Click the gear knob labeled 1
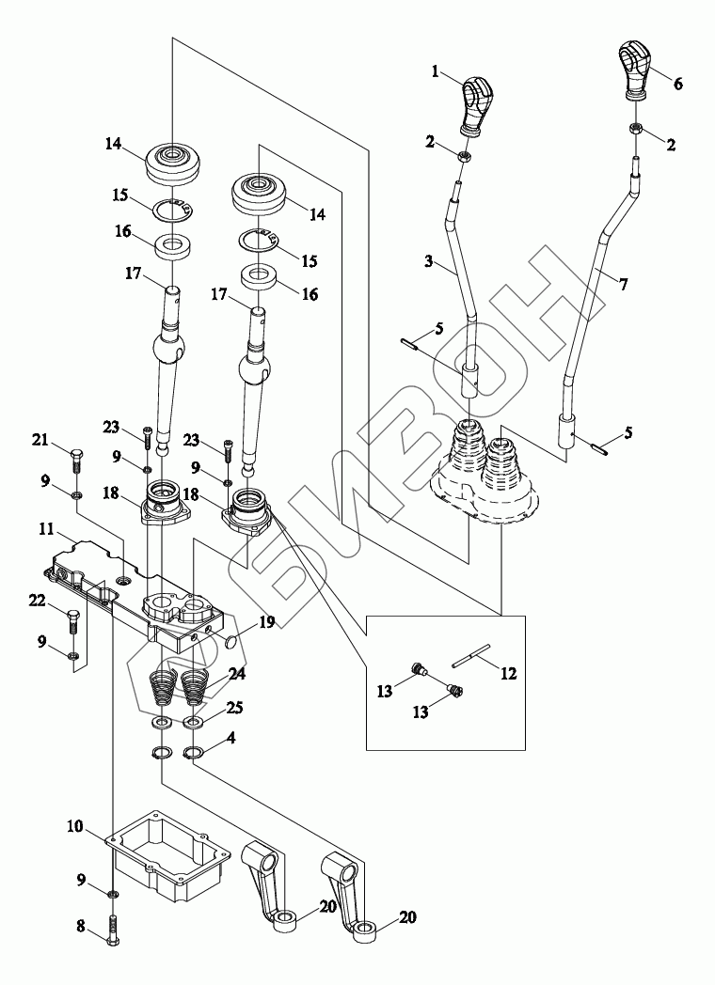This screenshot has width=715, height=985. coord(478,105)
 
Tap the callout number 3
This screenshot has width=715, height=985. coord(428,260)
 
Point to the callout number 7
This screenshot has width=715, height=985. coord(623,284)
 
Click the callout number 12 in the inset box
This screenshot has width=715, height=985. coord(508,673)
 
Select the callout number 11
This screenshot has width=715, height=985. coord(46,529)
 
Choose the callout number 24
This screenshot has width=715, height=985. coord(237,675)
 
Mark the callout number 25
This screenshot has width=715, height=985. coord(235,708)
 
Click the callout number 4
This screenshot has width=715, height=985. coord(231,738)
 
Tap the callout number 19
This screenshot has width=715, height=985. coord(266,622)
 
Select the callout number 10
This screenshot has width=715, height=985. coord(75,826)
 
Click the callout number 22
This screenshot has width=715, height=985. coord(38,602)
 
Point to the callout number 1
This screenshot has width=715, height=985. coord(435,72)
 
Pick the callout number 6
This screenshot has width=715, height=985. coord(678,84)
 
